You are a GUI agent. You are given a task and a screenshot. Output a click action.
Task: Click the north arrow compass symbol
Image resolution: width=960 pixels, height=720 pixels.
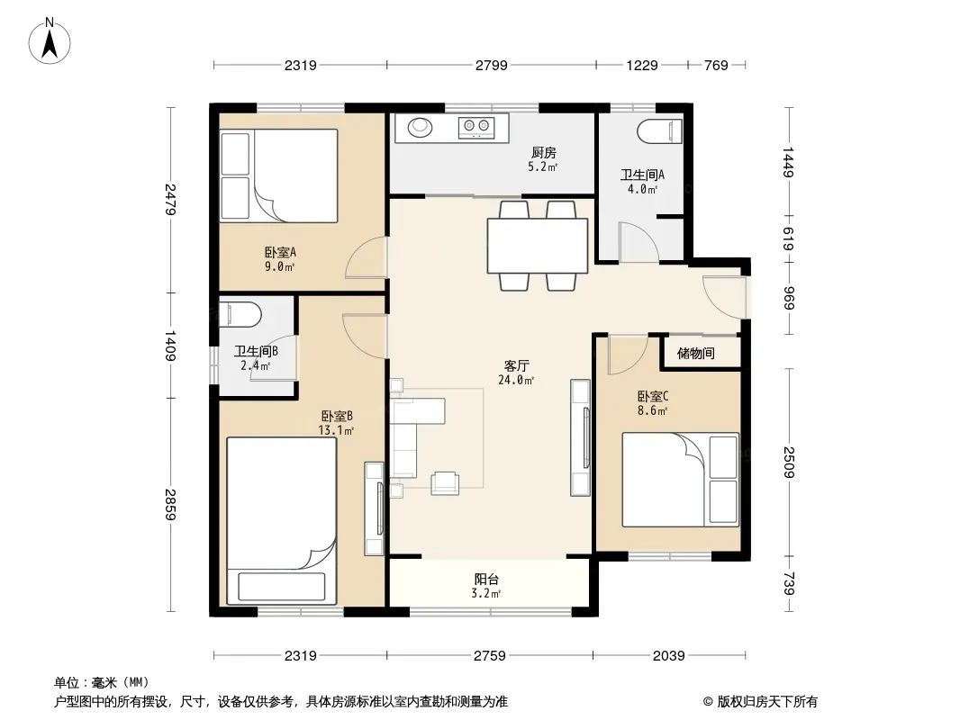[50, 41]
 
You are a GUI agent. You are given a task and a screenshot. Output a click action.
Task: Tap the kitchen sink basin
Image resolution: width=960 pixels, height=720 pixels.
[420, 127]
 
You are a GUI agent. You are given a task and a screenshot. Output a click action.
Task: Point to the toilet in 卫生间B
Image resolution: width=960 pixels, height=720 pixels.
[240, 314]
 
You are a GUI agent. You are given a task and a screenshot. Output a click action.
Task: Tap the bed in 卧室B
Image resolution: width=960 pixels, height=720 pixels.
[282, 520]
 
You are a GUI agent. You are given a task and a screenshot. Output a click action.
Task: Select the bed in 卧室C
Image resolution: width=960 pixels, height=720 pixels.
[681, 480]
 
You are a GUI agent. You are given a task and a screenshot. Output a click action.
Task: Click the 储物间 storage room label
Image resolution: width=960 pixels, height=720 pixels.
[695, 353]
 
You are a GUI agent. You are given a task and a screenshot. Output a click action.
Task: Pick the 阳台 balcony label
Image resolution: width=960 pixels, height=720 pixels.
[486, 579]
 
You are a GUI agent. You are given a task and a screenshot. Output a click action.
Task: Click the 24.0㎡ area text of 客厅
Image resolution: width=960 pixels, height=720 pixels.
[516, 380]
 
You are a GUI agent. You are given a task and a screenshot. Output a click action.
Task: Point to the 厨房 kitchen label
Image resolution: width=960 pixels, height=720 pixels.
[544, 152]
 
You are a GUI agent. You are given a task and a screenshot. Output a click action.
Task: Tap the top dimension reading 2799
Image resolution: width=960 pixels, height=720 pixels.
[491, 65]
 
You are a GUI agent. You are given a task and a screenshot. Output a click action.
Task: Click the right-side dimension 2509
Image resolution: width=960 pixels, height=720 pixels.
[789, 463]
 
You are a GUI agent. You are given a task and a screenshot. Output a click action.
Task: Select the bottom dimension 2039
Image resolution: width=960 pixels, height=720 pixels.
[668, 656]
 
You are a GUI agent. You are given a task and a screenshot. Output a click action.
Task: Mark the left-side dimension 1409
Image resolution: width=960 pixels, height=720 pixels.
[170, 346]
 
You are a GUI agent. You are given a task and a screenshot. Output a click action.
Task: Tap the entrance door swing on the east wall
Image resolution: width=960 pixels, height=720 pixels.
[725, 297]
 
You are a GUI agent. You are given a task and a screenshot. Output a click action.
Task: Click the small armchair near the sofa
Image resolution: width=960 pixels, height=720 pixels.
[445, 483]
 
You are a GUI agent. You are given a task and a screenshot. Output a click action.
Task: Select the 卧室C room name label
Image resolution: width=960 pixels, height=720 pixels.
[653, 396]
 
